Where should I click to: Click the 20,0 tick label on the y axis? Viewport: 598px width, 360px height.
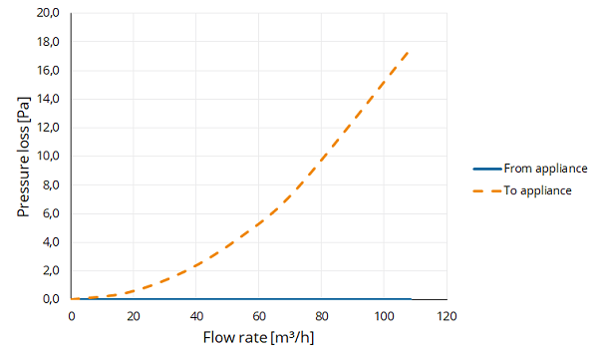point(48,13)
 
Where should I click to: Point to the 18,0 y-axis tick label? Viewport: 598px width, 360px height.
point(48,42)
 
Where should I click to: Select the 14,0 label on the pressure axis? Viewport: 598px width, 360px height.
point(48,99)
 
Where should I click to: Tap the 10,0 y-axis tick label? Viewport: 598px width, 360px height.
point(48,157)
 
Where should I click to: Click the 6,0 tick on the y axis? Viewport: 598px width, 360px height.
point(51,213)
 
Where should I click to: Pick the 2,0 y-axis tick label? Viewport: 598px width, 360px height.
point(51,270)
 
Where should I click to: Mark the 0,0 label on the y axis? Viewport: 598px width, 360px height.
point(51,299)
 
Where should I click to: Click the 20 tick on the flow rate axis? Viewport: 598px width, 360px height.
point(134,316)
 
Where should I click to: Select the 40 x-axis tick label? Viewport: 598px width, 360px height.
point(196,316)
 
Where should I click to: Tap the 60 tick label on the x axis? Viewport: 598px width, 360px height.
point(258,316)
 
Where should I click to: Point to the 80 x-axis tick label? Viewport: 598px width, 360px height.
point(322,316)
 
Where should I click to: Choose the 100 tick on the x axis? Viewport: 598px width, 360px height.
point(384,316)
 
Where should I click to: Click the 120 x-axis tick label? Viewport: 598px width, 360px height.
point(447,316)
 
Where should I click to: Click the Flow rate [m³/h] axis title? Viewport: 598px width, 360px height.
point(258,337)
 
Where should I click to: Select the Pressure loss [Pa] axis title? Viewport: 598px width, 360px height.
point(23,157)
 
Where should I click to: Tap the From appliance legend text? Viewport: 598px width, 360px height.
point(545,169)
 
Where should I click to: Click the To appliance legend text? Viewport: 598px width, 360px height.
point(538,190)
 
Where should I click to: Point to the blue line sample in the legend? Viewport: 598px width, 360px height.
point(487,169)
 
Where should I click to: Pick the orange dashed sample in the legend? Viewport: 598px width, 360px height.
point(487,190)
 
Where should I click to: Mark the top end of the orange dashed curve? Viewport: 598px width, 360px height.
point(409,52)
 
